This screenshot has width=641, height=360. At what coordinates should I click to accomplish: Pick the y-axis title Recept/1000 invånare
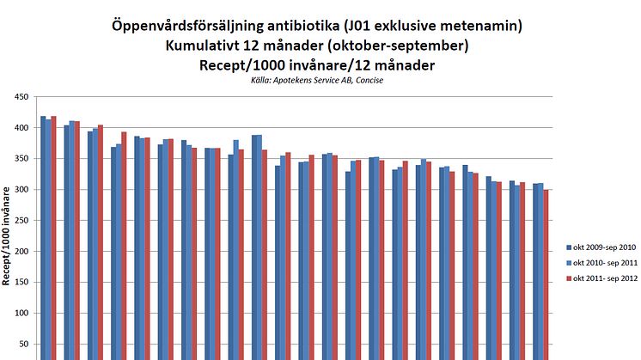click(x=9, y=241)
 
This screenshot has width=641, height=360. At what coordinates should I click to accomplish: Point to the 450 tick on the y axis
click(x=19, y=97)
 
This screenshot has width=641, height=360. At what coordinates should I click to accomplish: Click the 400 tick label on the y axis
click(x=19, y=128)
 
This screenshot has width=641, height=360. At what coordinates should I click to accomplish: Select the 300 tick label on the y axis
click(x=19, y=190)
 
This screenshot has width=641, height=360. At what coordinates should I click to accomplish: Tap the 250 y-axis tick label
click(x=19, y=221)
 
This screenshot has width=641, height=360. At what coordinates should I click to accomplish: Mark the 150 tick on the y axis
click(x=19, y=283)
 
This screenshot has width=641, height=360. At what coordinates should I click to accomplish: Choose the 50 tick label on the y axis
click(x=21, y=345)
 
